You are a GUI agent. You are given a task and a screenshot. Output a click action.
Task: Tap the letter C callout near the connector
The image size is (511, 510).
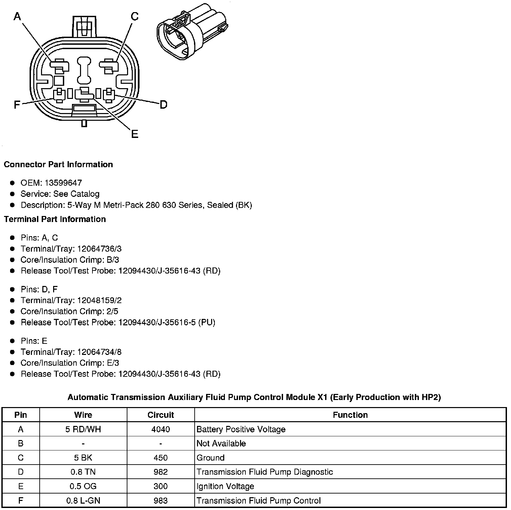click(x=134, y=16)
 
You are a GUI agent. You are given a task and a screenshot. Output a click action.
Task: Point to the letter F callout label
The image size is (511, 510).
click(x=17, y=105)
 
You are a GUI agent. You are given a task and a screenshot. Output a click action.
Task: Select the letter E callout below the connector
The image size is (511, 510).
click(x=134, y=134)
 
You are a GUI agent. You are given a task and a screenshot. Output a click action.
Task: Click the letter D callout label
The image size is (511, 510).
click(x=163, y=105)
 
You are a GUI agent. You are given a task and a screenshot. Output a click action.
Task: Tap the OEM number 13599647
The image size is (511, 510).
click(x=63, y=183)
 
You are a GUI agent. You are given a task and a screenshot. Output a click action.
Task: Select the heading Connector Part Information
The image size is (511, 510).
click(x=58, y=165)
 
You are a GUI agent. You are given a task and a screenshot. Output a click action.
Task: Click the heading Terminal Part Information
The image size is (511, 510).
click(x=55, y=219)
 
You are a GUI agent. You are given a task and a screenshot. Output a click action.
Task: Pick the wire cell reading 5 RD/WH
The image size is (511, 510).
click(x=83, y=429)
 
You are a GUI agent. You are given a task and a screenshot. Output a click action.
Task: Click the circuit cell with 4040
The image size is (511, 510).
click(x=161, y=429)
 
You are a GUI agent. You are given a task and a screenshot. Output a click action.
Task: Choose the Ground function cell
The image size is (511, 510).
click(x=210, y=458)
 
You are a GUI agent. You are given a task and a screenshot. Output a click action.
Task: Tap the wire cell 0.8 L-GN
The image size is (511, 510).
click(x=83, y=501)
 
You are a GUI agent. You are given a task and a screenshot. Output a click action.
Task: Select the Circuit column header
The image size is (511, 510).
click(x=161, y=415)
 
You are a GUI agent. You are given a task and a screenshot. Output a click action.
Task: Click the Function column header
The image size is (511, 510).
click(x=350, y=415)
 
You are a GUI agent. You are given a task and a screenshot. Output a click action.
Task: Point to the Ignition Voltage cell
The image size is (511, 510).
click(x=225, y=486)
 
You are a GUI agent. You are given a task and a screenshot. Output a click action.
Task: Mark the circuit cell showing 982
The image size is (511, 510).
click(x=161, y=472)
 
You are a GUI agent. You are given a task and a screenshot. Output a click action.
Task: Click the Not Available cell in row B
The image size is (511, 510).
click(x=221, y=443)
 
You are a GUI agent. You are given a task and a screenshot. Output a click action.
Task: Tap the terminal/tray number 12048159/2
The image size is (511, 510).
click(x=99, y=300)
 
